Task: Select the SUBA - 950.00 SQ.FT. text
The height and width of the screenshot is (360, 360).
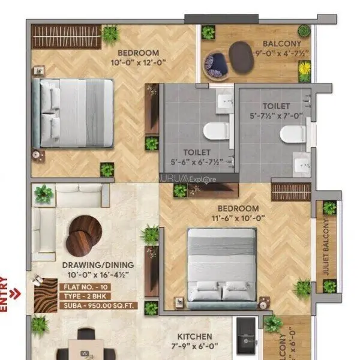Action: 98,305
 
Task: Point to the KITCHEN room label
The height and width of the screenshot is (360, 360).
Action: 194,337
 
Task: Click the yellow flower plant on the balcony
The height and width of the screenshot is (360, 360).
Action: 305,73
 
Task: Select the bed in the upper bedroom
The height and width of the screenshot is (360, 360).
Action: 73,113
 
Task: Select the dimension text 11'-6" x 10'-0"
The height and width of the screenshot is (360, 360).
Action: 238,218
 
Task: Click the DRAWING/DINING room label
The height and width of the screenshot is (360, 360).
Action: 97,265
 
